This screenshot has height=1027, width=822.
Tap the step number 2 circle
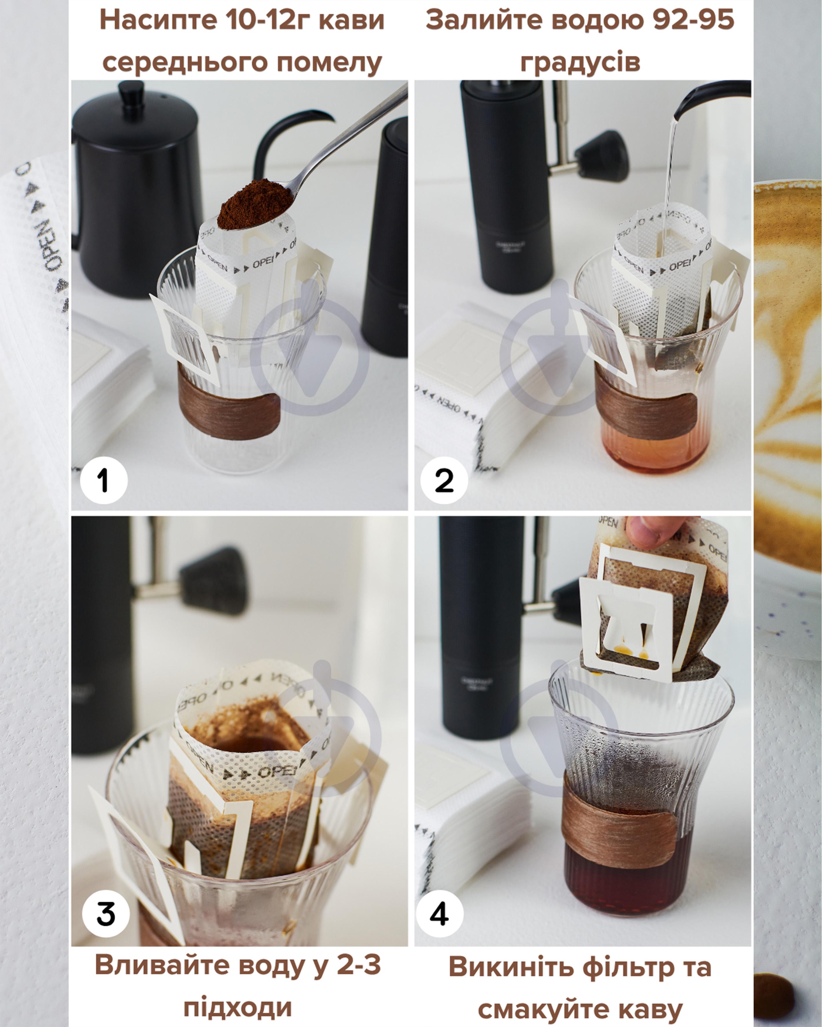444,480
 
